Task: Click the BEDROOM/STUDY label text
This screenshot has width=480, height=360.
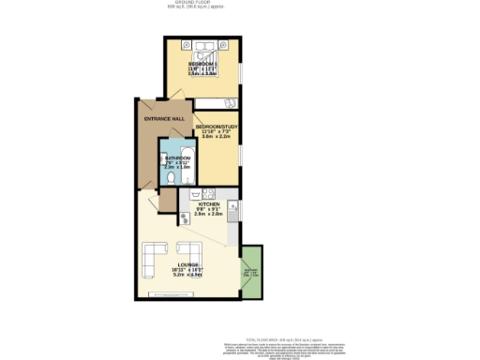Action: [x=217, y=127]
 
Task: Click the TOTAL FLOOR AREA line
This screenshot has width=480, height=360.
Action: [x=292, y=312]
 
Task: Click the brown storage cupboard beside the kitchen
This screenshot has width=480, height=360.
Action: [x=169, y=199]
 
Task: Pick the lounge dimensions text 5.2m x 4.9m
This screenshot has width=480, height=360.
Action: [x=190, y=276]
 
